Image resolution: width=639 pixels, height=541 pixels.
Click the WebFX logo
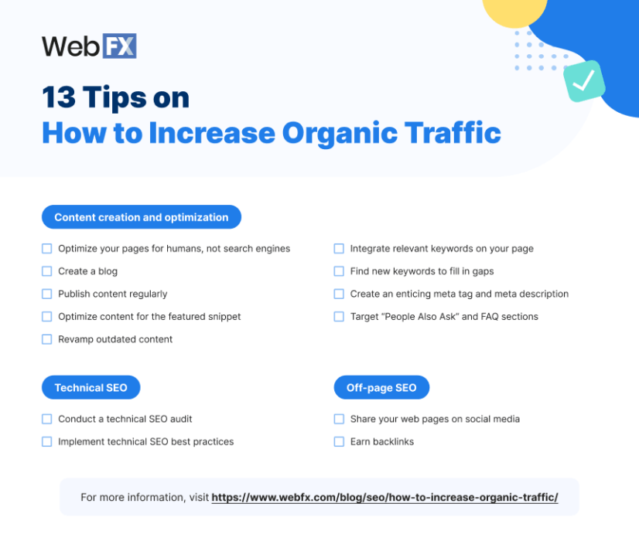click(x=89, y=46)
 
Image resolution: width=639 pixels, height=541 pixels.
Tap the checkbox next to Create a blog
click(x=47, y=271)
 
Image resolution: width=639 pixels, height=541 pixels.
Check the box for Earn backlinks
click(x=339, y=441)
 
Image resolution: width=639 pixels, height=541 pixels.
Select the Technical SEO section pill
click(x=91, y=387)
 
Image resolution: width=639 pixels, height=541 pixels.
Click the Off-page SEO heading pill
click(x=381, y=387)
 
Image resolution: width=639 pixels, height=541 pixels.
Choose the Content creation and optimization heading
click(x=142, y=217)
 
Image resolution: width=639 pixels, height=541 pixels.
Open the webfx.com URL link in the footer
click(x=384, y=497)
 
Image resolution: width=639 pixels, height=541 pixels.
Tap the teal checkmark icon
click(x=583, y=80)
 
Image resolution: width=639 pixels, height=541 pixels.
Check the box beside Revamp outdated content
click(x=47, y=339)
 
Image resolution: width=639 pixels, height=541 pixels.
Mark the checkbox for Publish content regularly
click(x=47, y=294)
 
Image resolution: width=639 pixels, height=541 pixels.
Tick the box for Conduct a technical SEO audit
click(x=47, y=419)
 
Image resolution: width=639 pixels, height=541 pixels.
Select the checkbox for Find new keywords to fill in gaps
click(x=339, y=271)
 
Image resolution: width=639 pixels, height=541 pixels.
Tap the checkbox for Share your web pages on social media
click(x=339, y=419)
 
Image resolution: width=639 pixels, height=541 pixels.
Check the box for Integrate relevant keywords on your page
click(x=339, y=249)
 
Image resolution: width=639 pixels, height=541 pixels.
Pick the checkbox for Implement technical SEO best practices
click(x=47, y=441)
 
